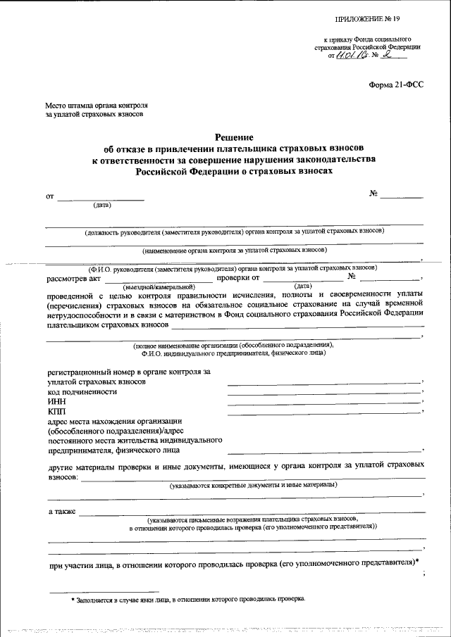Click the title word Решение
point(233,137)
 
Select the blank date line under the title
point(101,201)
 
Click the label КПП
point(56,411)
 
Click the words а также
point(61,511)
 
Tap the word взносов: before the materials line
point(63,477)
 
